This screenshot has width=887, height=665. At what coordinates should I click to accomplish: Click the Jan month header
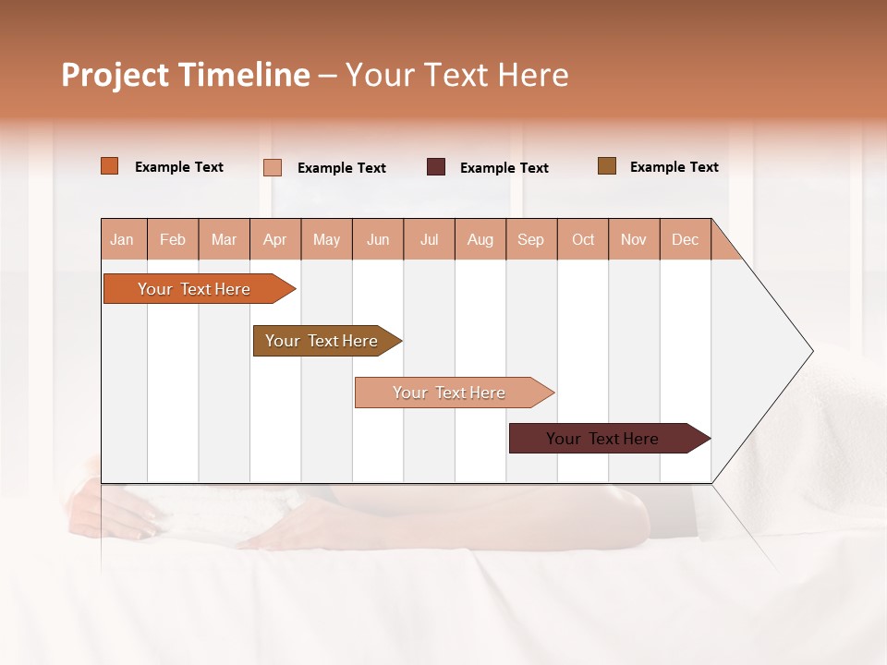pos(123,239)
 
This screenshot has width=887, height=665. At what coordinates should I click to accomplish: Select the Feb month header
pos(173,239)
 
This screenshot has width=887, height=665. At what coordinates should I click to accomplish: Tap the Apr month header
pos(275,239)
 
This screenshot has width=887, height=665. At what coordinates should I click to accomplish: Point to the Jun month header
pos(378,239)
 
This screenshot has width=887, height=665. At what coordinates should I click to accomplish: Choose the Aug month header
pos(480,239)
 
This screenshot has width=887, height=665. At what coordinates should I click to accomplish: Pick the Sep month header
pos(531,239)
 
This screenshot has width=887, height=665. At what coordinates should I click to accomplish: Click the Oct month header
pos(583,239)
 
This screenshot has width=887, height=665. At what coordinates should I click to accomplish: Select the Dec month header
pos(686,239)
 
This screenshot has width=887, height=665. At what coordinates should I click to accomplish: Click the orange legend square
pos(110,166)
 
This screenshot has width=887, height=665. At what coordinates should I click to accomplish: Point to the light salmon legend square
pos(273,167)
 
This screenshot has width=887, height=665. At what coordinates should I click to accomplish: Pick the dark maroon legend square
pos(436,167)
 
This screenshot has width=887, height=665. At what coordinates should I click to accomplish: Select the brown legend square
pos(607,166)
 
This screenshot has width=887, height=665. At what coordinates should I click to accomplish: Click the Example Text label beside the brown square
pos(674,167)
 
